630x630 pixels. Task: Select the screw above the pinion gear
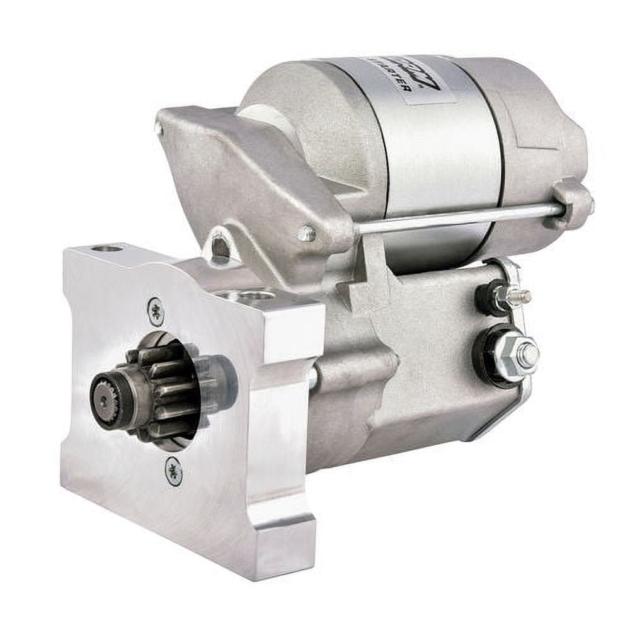pyautogui.click(x=155, y=310)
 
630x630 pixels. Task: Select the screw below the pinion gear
pyautogui.click(x=173, y=470)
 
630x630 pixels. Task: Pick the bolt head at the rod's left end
pyautogui.click(x=307, y=234)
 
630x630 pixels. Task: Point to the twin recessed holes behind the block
pyautogui.click(x=252, y=294)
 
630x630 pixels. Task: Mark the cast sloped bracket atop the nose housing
pyautogui.click(x=252, y=170)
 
